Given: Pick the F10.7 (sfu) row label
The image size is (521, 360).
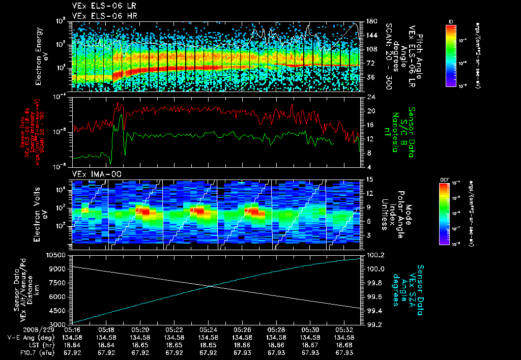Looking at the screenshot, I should pos(26,352).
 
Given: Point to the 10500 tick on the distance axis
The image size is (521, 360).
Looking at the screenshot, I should pos(58,254).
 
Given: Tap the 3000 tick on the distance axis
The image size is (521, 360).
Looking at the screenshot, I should pos(60,324).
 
